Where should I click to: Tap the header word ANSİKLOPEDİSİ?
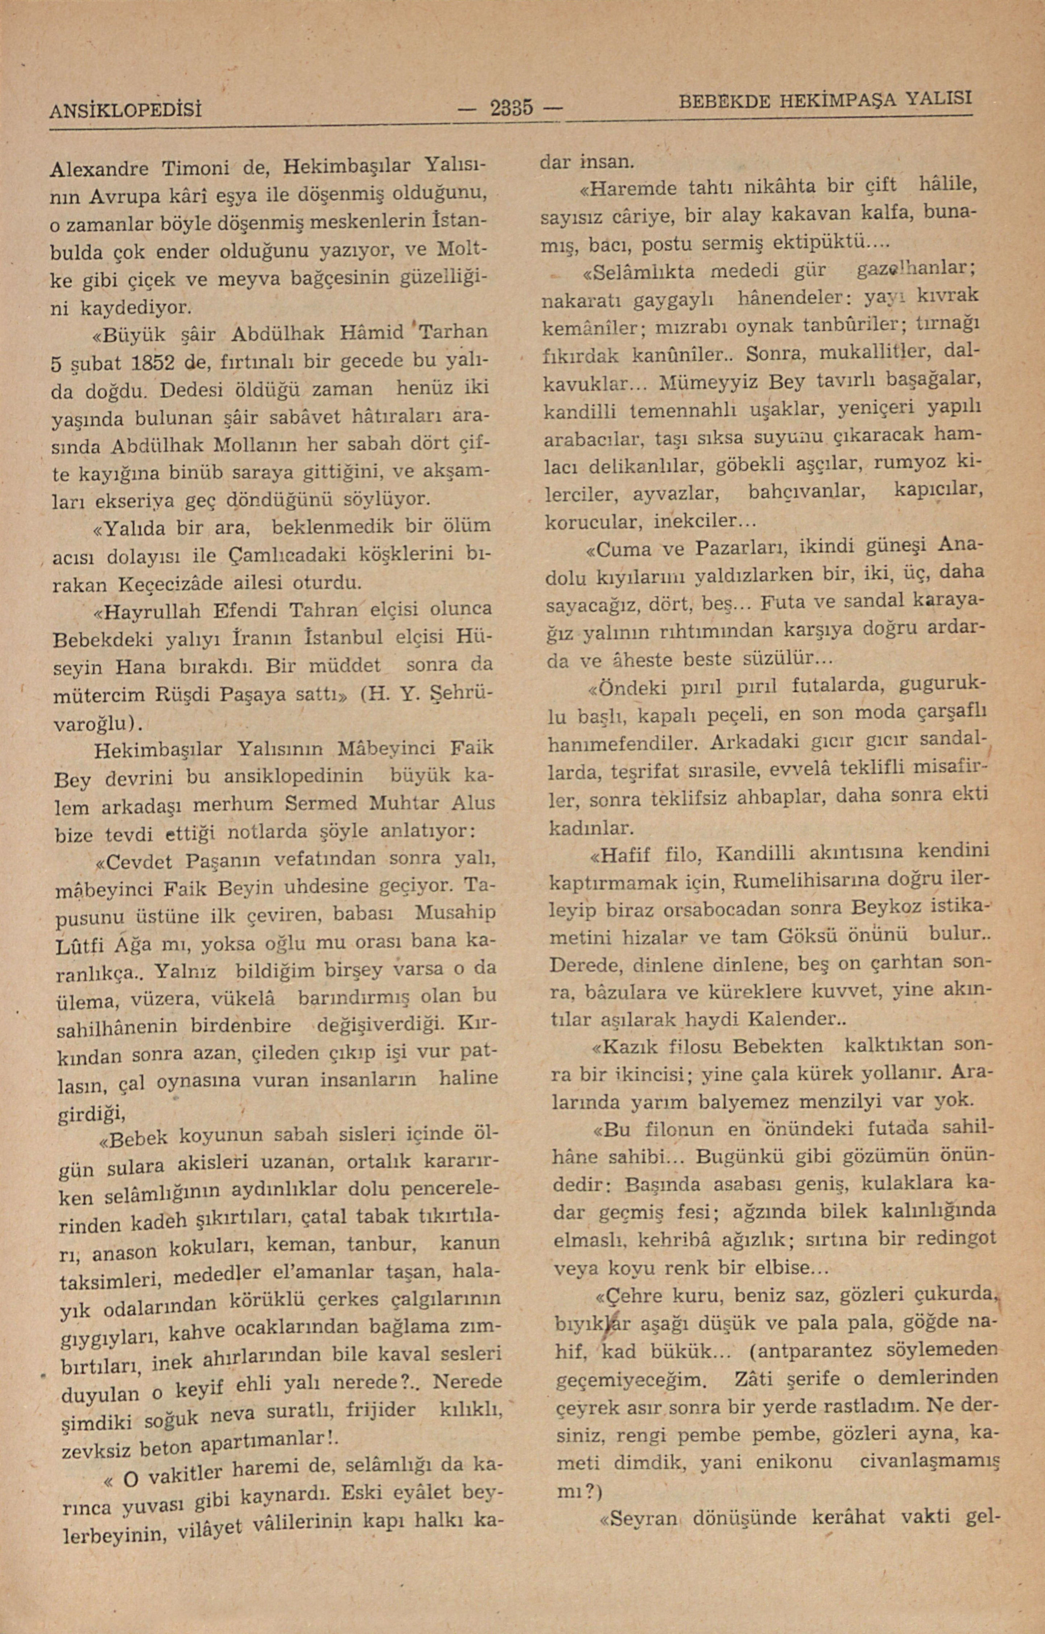coord(127,109)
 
